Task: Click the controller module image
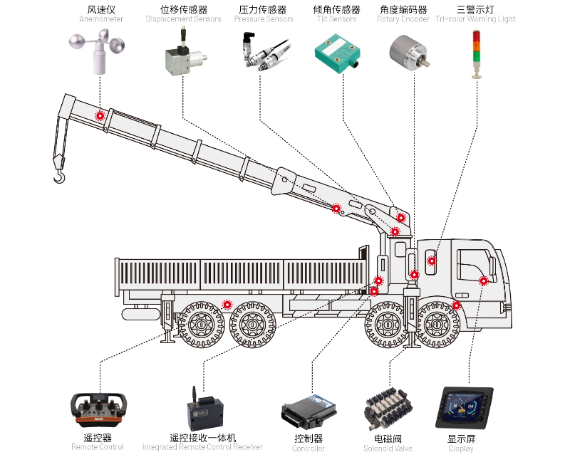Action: pyautogui.click(x=309, y=411)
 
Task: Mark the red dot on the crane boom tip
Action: pyautogui.click(x=100, y=115)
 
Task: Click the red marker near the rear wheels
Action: pyautogui.click(x=227, y=305)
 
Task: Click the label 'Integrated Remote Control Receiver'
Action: pyautogui.click(x=202, y=447)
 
